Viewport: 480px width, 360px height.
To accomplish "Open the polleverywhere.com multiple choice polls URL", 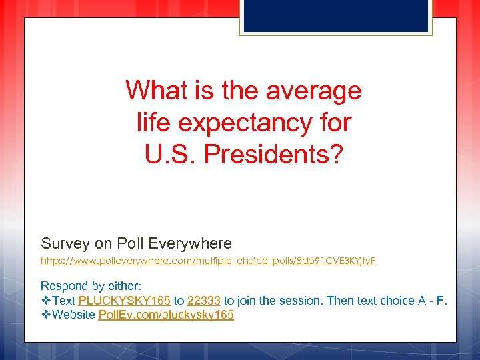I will [x=209, y=261].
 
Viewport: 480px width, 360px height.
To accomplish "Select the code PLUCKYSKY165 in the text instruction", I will [x=125, y=301].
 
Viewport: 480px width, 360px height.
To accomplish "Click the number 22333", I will [x=204, y=301].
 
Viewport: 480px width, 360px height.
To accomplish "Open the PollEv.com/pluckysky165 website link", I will [x=166, y=315].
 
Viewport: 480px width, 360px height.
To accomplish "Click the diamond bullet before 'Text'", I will [x=46, y=301].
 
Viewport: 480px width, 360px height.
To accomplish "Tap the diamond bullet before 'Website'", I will [x=46, y=315].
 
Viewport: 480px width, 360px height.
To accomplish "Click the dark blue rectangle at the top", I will [x=336, y=15].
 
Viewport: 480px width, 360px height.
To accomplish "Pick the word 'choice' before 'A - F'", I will [x=397, y=301].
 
